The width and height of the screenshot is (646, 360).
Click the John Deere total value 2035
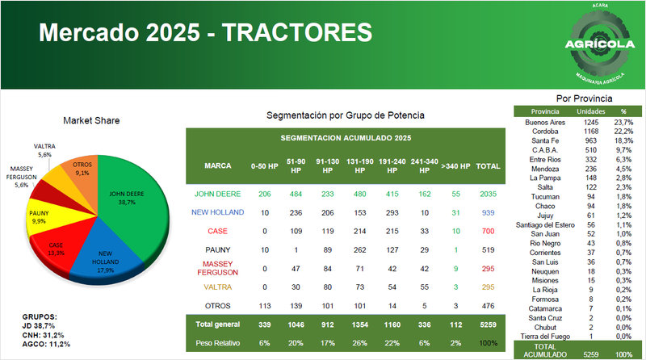488,195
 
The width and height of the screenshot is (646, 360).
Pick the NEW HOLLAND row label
218,211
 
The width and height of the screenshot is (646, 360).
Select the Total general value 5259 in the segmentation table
488,324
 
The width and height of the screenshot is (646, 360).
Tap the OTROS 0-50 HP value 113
263,305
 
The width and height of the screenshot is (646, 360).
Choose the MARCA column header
218,167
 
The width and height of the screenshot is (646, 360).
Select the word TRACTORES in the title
297,33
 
